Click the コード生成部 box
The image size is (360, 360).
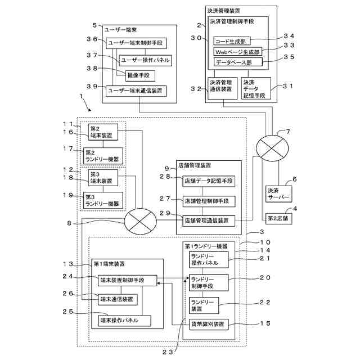[232, 40]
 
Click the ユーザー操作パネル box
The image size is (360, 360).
[145, 60]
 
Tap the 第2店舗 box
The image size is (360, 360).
[280, 218]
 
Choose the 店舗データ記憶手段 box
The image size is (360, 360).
[208, 181]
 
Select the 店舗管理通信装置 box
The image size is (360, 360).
[208, 221]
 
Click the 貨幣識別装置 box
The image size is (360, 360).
[209, 324]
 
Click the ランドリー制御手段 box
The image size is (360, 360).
[209, 282]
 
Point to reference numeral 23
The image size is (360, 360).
[167, 352]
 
